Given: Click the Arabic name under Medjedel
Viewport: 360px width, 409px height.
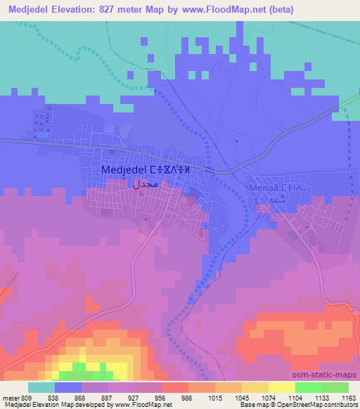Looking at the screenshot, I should click(x=146, y=186).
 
